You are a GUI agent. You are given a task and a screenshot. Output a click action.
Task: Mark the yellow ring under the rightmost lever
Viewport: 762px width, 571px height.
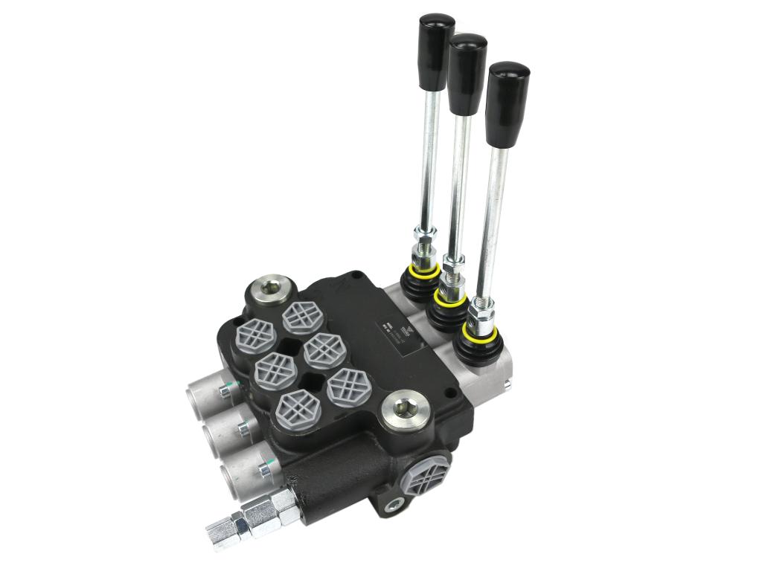click(478, 331)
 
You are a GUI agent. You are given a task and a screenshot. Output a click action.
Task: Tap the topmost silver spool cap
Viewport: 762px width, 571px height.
click(205, 390)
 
